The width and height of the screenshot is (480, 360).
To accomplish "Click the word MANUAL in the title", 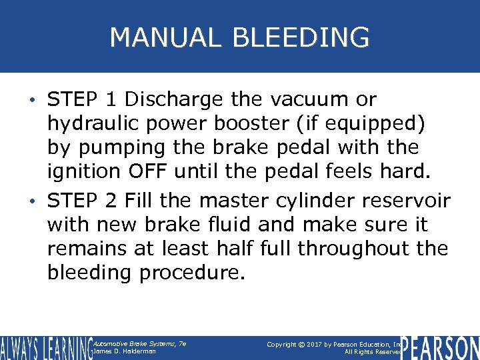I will (x=164, y=37).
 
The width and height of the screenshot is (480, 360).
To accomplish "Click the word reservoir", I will (x=413, y=200).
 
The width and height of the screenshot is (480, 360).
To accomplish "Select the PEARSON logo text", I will (x=440, y=347).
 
